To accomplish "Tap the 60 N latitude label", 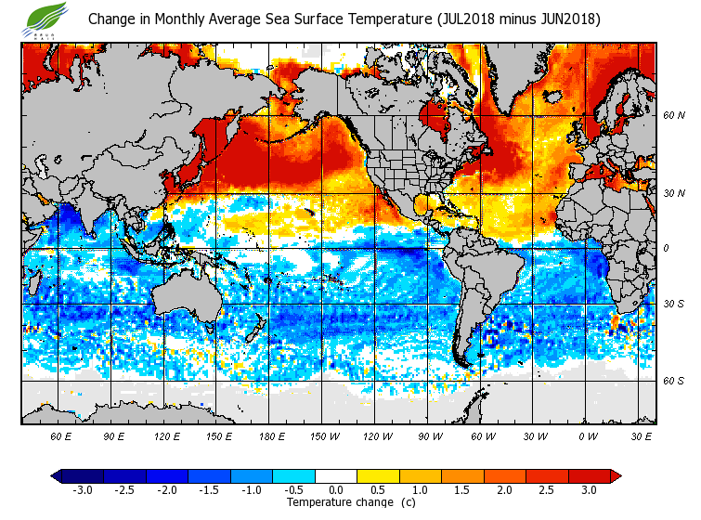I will pos(673,115).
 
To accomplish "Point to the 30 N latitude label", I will pos(673,193).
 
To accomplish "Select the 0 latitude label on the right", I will pos(668,248).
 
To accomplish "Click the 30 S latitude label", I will pos(673,304).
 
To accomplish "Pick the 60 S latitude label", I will pos(673,381).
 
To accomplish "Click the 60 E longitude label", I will pos(61,435).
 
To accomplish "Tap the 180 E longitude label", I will pos(271,435).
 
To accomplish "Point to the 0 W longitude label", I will pos(588,435).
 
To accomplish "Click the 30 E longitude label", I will pos(642,435).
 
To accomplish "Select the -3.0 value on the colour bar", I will pos(82,490).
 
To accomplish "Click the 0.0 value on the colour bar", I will pos(336,490).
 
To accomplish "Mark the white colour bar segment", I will pos(336,476).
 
